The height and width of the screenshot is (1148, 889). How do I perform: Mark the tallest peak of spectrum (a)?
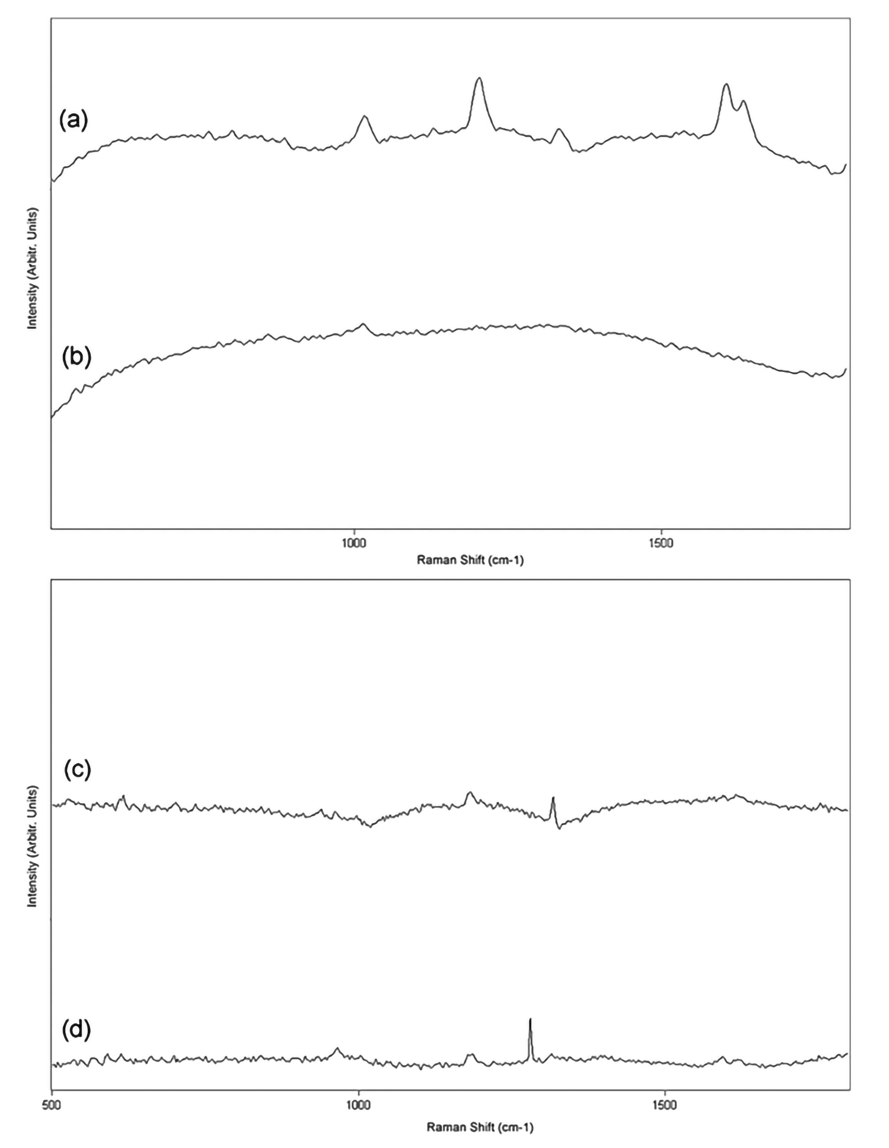(x=478, y=79)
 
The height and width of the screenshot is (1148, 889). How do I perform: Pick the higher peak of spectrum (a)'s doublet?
(x=726, y=85)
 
